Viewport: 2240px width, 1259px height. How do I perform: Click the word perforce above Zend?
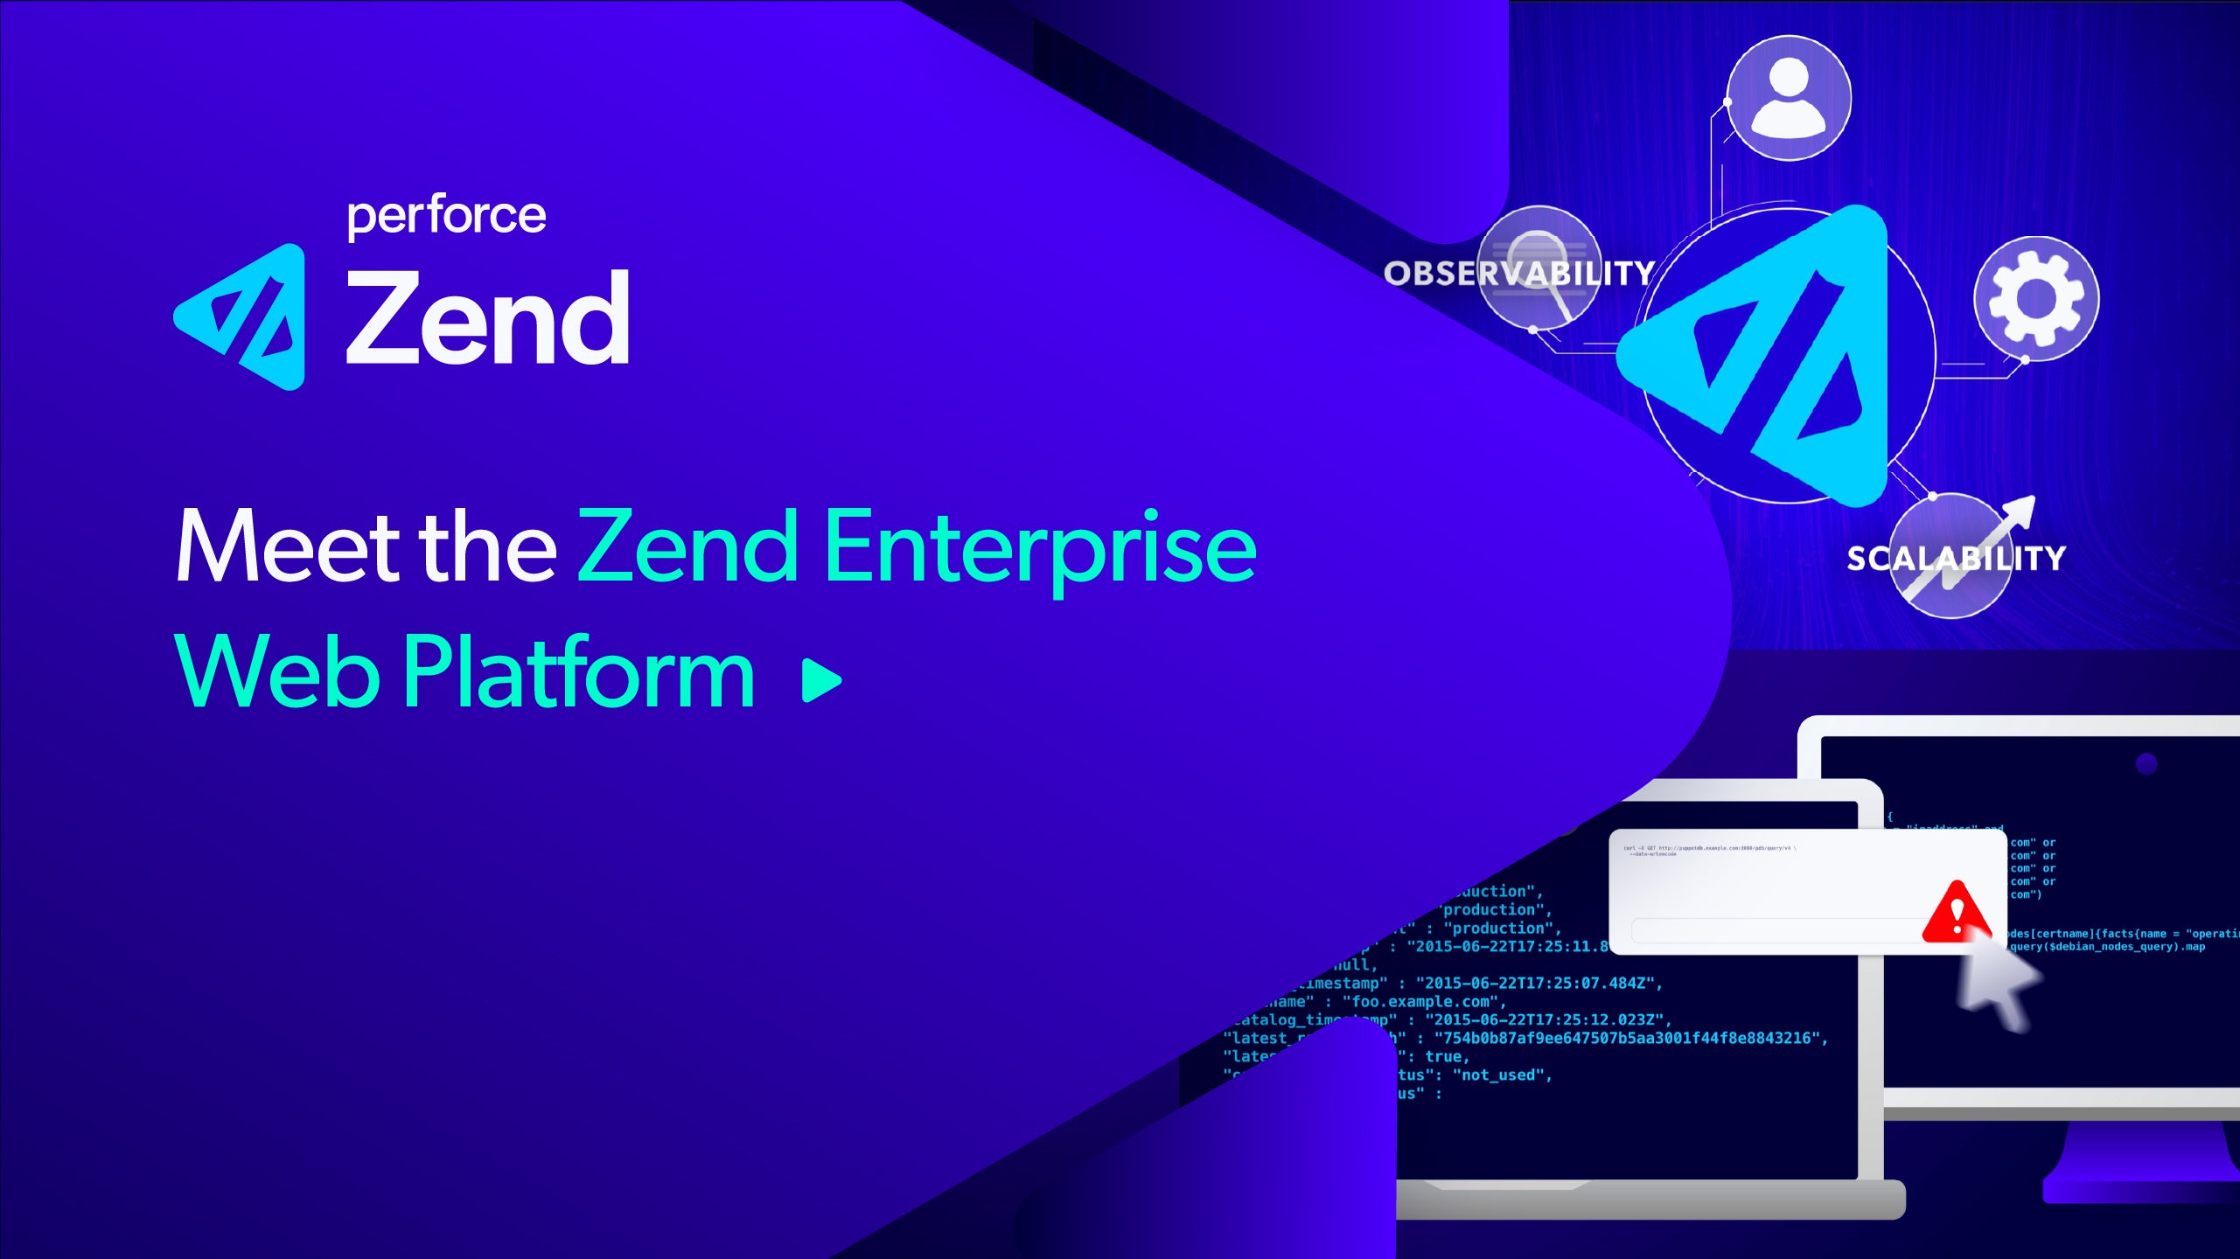pos(446,217)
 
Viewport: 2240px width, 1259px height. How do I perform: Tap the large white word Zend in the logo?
pos(488,318)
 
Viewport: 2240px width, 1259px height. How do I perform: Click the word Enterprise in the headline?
pos(1039,547)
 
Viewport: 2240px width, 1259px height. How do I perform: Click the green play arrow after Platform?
pos(820,680)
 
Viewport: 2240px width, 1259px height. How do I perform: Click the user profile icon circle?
pos(1789,98)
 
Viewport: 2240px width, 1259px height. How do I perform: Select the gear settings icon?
pos(2035,298)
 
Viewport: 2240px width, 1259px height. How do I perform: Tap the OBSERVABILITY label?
pos(1518,274)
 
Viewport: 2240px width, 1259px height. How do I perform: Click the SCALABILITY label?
pos(1956,558)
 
